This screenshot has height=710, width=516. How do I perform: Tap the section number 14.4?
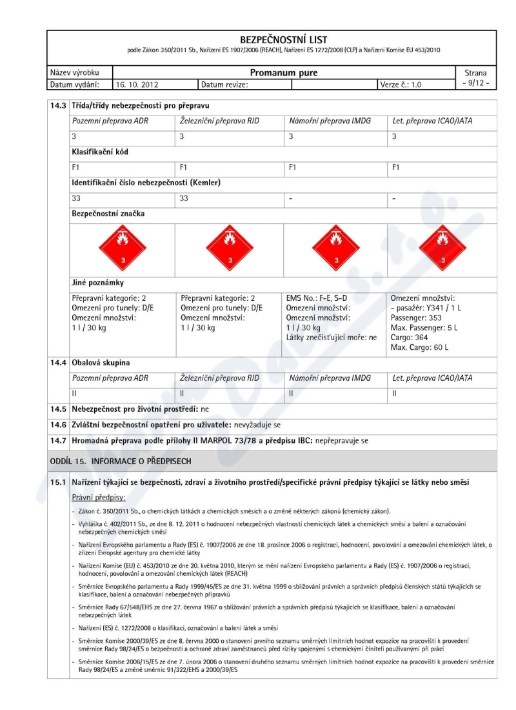[x=59, y=363]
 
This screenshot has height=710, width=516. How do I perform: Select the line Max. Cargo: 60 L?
[x=419, y=347]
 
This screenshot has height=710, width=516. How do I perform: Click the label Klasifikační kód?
[x=99, y=152]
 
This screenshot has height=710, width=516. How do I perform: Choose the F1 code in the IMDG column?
[x=292, y=167]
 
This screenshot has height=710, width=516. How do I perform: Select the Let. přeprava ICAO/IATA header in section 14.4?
[x=432, y=378]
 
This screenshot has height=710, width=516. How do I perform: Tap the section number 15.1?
[x=59, y=483]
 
